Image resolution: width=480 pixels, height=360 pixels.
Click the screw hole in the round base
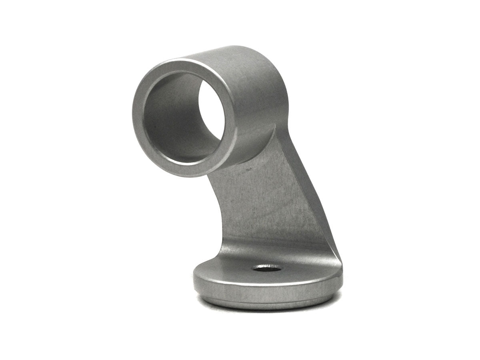click(266, 268)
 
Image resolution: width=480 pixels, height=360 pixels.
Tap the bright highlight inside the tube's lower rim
click(188, 163)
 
